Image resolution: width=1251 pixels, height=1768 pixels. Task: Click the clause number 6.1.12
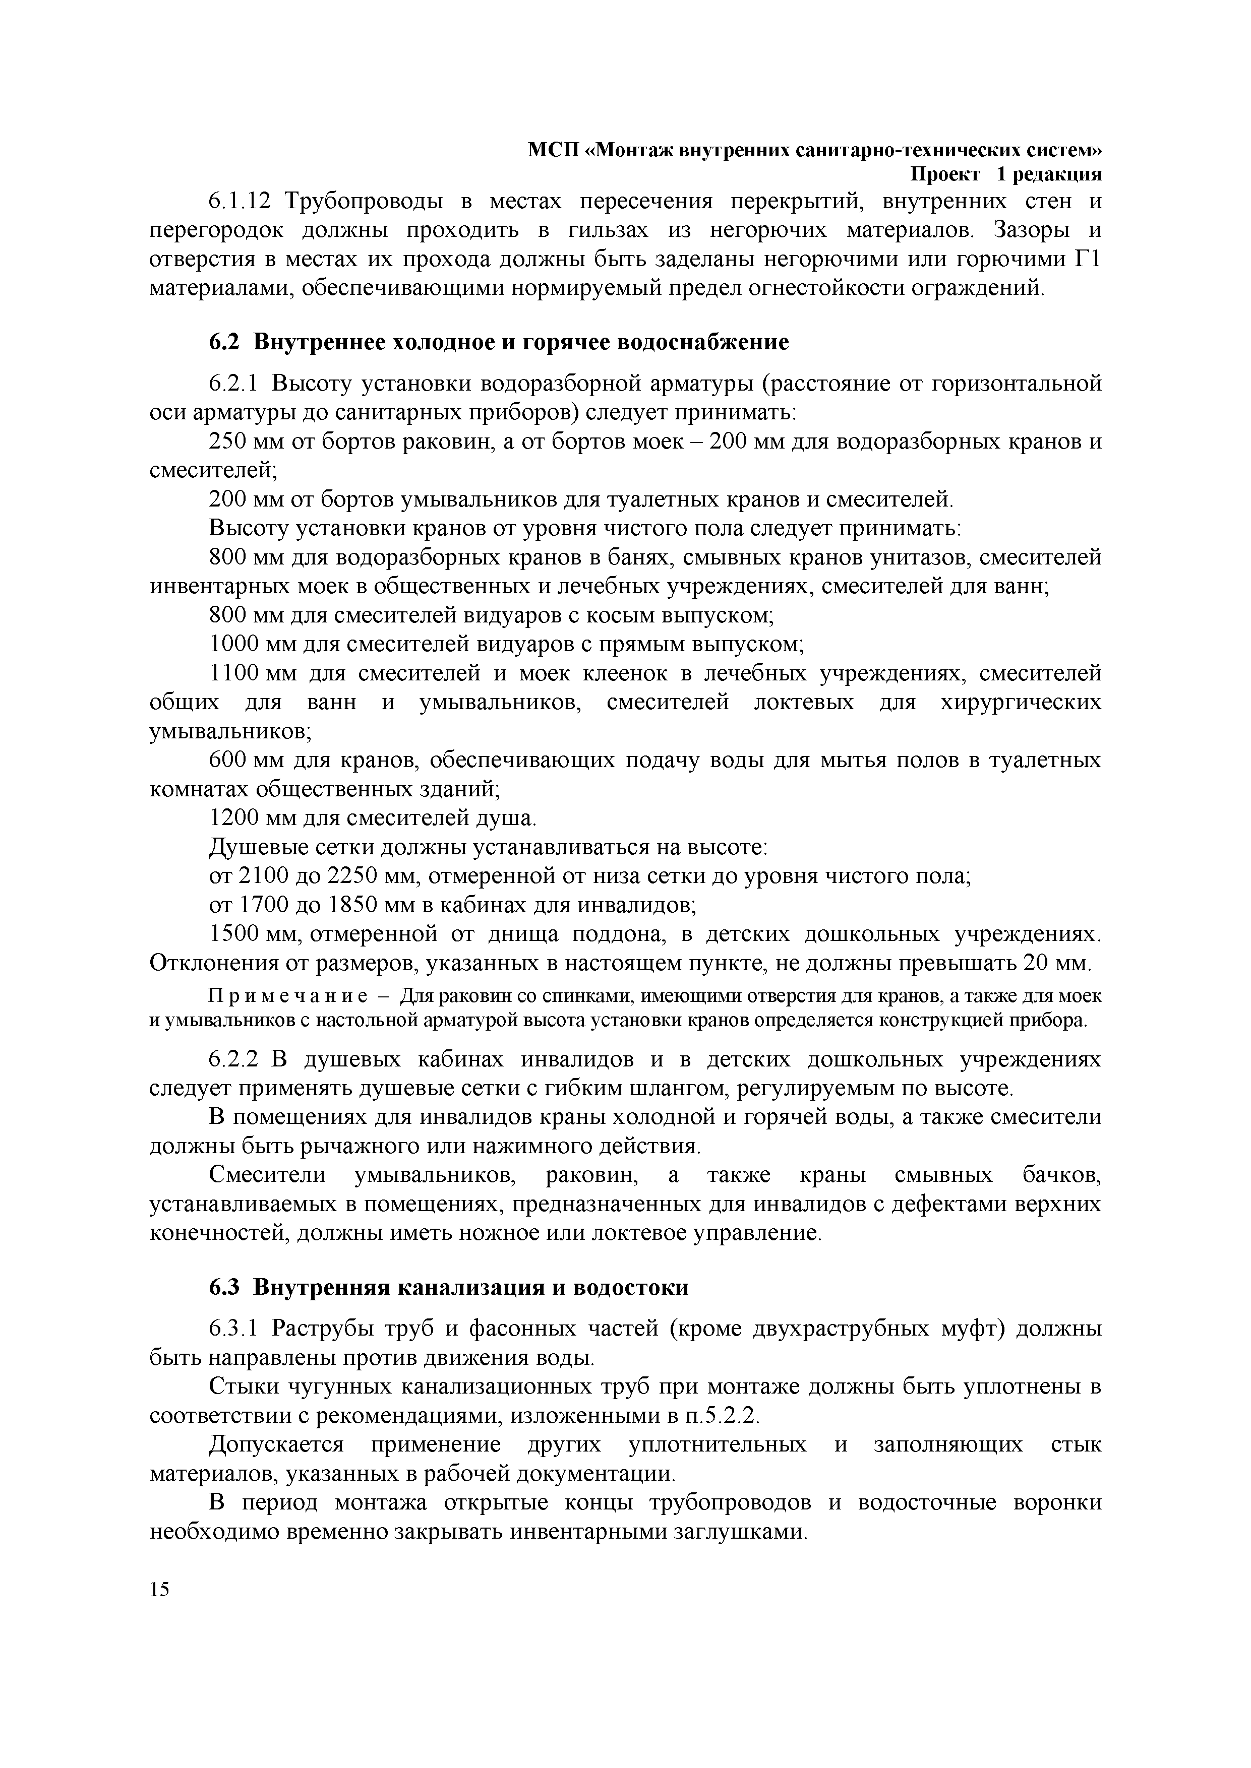[241, 202]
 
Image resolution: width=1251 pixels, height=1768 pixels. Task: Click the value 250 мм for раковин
[242, 442]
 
